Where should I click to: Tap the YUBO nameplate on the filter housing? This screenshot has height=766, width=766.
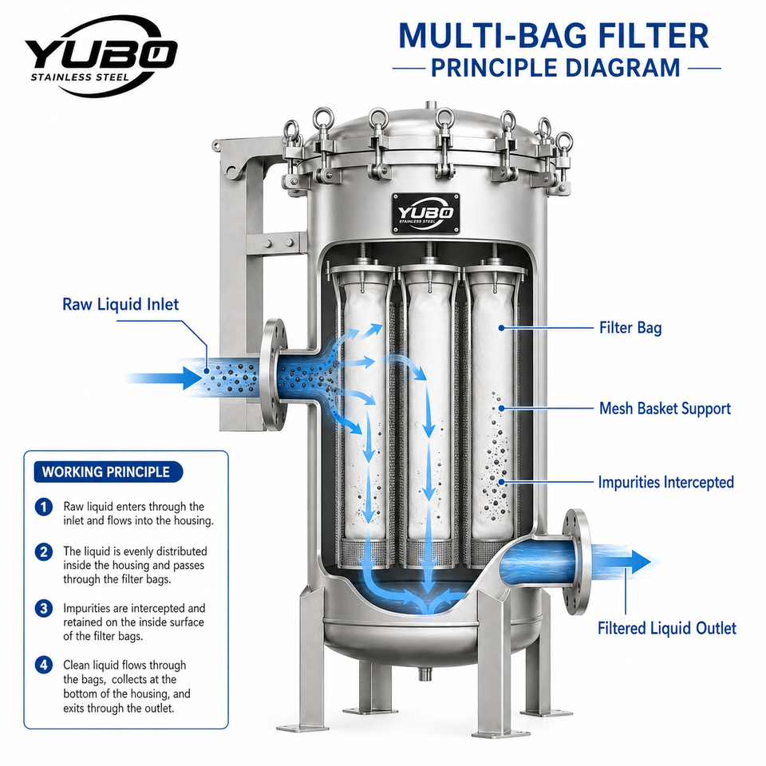(426, 213)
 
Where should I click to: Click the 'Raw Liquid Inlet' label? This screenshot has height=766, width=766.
(120, 304)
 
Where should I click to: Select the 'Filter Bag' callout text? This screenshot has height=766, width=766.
(630, 327)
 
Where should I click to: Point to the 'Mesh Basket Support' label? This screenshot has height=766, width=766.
(665, 409)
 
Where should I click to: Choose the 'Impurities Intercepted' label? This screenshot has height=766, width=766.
(665, 482)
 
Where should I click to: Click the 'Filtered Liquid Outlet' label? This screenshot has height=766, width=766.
(667, 628)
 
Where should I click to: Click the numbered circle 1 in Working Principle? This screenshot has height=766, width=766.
(44, 507)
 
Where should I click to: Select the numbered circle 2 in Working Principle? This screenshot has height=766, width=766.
(44, 552)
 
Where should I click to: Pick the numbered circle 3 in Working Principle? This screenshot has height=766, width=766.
(44, 609)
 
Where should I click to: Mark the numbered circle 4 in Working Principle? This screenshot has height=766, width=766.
(44, 665)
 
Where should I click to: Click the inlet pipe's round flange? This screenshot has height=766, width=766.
(274, 375)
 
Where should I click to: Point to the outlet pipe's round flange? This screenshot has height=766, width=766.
(576, 562)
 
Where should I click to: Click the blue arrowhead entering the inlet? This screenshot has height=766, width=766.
(193, 377)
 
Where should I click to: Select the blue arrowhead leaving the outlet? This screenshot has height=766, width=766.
(639, 562)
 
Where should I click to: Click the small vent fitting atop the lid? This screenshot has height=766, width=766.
(430, 105)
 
